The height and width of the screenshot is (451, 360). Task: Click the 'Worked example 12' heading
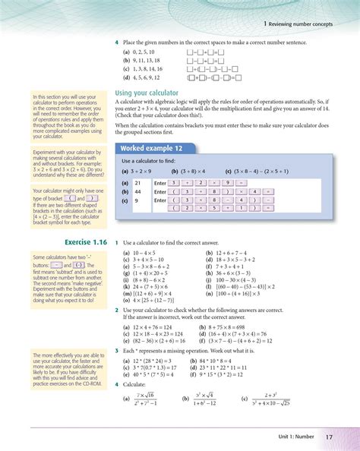coord(149,147)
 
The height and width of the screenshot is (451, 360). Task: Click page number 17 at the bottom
coord(329,436)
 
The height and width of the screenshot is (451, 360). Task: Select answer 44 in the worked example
coord(137,191)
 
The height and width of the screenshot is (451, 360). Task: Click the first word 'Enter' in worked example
coord(159,183)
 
